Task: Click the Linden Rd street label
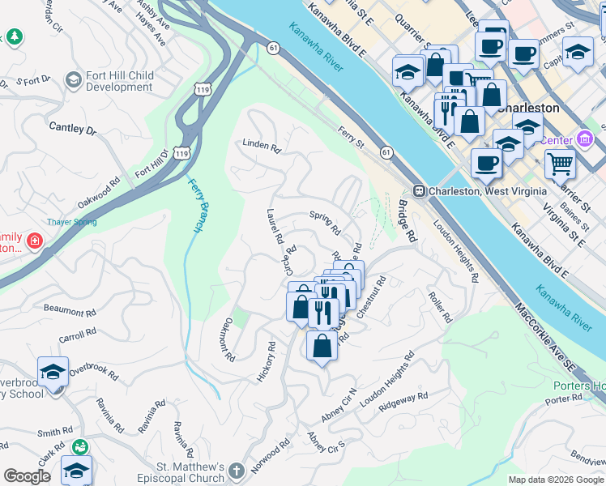click(261, 147)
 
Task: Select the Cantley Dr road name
click(72, 127)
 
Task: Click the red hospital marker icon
click(34, 241)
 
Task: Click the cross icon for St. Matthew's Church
click(235, 471)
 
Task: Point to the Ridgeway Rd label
click(403, 399)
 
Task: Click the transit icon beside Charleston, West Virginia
click(420, 191)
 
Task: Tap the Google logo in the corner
click(27, 476)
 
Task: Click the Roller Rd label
click(440, 308)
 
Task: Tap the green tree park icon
click(14, 37)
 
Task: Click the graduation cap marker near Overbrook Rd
click(53, 372)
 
